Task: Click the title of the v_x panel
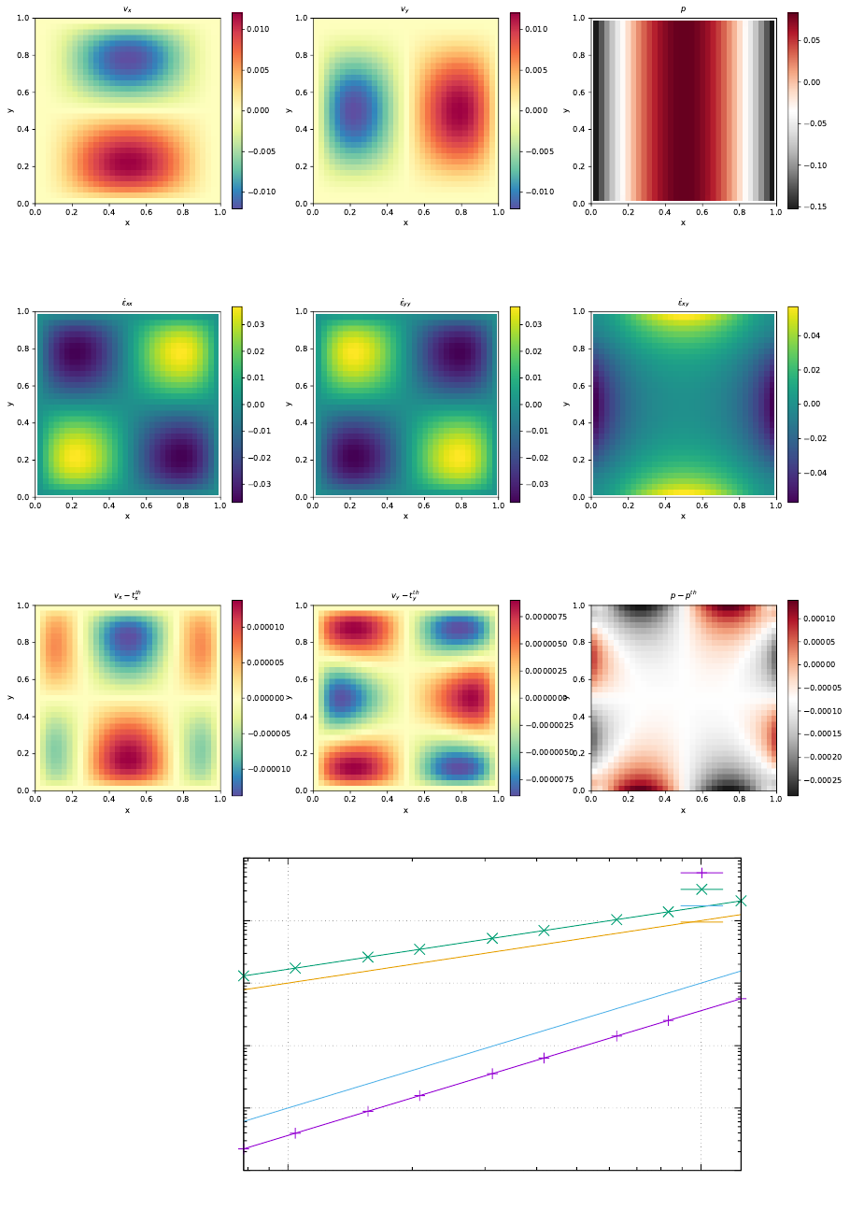(127, 9)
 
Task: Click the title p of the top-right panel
(683, 9)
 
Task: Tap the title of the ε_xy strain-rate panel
(683, 303)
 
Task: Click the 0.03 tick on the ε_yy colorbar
(534, 324)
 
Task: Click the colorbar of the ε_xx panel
(236, 404)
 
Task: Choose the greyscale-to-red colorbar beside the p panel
(793, 110)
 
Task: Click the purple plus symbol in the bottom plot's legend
(701, 873)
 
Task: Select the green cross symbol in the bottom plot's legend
(701, 890)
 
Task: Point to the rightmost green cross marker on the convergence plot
(741, 901)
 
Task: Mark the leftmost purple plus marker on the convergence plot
(244, 1148)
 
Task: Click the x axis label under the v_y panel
(405, 222)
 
